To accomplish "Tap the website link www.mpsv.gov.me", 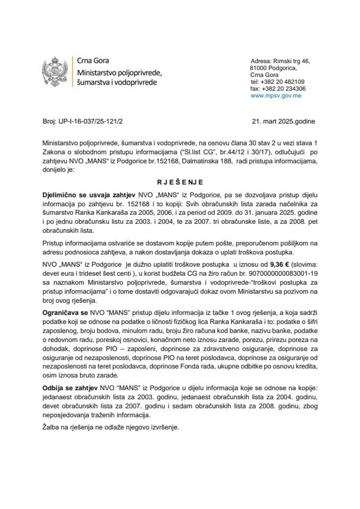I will [276, 96].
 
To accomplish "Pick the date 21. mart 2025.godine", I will [284, 121].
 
